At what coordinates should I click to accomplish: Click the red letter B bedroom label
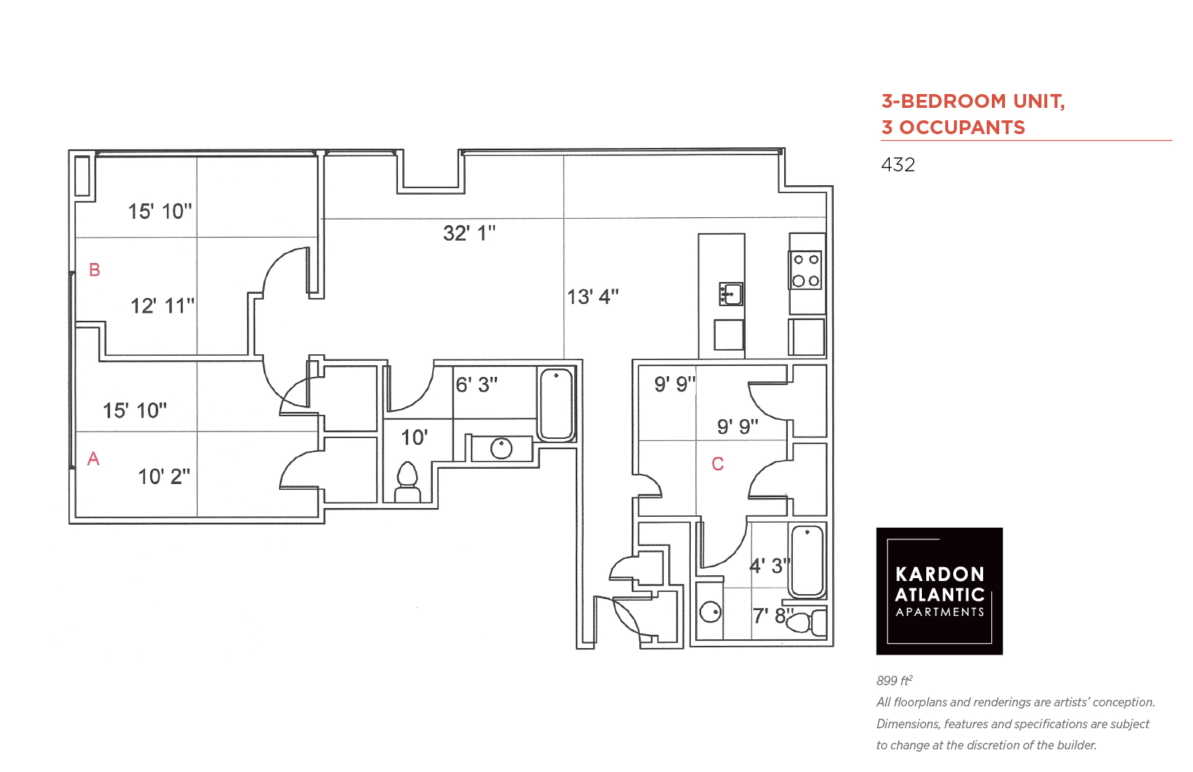94,270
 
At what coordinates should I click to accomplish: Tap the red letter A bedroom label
93,459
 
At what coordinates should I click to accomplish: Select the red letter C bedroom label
717,464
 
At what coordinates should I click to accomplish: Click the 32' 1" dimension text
469,233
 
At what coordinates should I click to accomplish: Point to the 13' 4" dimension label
592,297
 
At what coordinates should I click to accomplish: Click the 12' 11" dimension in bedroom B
163,306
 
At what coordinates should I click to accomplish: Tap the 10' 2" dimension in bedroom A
164,476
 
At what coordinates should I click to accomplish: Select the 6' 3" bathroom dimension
477,385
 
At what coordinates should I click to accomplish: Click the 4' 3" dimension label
770,566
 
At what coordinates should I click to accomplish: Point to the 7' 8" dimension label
772,616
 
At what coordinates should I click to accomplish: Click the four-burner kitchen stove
805,270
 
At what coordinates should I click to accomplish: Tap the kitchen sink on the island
731,294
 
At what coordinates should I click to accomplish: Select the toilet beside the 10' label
407,482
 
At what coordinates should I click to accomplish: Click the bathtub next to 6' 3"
556,405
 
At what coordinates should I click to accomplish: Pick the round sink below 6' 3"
501,448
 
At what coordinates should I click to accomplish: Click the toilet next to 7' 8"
806,623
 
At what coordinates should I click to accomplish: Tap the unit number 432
898,165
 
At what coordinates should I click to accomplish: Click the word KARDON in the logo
940,574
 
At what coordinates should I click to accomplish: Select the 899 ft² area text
895,680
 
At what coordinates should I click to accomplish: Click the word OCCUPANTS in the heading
962,128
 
